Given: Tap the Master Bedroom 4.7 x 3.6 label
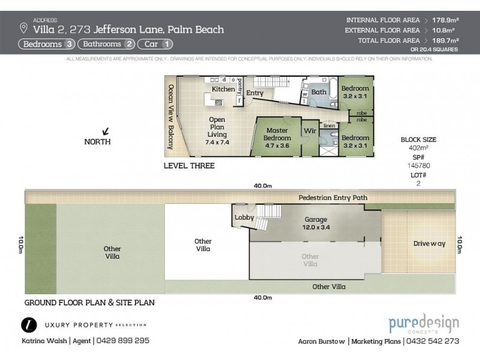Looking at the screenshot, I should coord(277,137).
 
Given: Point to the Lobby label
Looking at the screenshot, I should coord(244,217).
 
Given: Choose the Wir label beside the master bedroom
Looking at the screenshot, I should coord(310,130).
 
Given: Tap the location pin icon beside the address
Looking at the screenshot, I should coord(23,28).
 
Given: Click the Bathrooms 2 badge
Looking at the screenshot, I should coord(107,44).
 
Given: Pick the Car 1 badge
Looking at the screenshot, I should coord(156,44).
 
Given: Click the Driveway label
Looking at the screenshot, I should coord(430,244).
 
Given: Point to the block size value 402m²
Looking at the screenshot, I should coord(413,146).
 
